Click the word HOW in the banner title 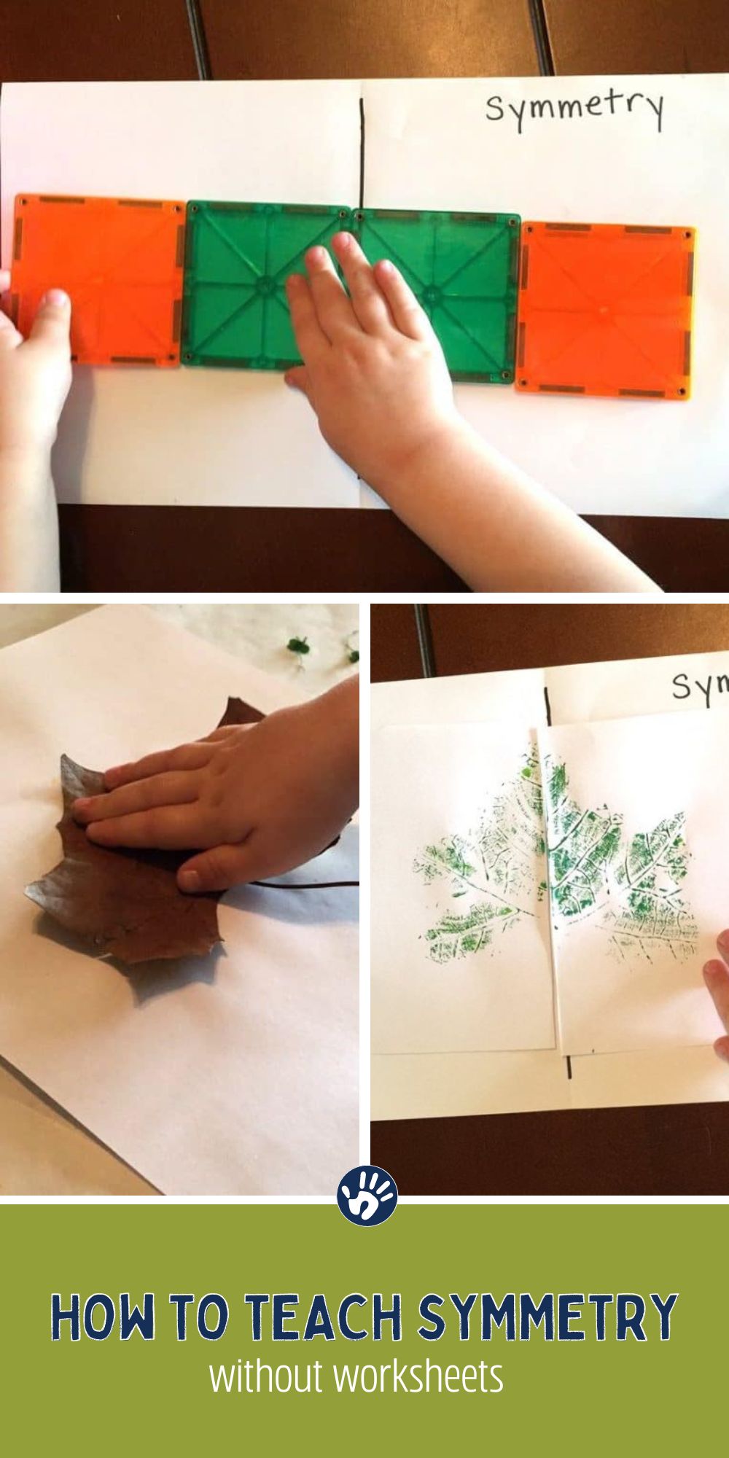[102, 1317]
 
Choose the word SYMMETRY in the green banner [547, 1317]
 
